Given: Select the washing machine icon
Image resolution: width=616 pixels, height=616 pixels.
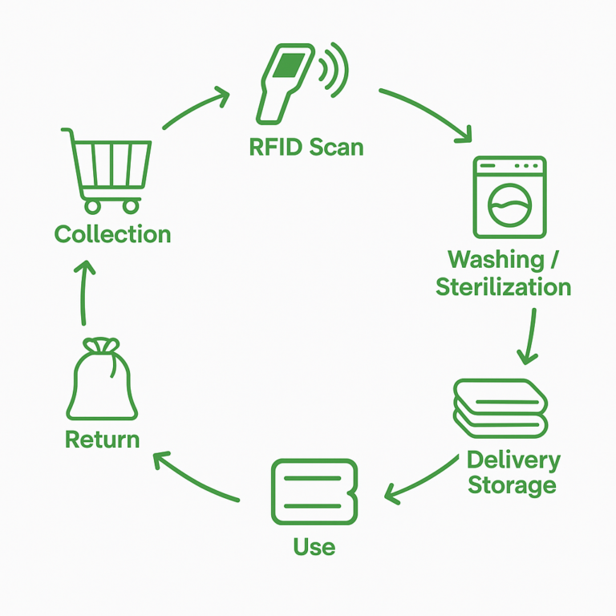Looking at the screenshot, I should (x=509, y=197).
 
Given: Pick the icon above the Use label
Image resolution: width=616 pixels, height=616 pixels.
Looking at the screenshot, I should (x=314, y=492).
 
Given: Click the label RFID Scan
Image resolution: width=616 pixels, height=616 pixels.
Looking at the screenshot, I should (x=306, y=148).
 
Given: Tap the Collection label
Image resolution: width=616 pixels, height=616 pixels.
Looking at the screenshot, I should (x=112, y=234).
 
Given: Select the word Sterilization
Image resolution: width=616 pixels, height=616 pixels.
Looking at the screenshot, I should (x=503, y=286).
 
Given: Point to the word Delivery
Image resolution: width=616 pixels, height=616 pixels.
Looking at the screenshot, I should (x=513, y=460).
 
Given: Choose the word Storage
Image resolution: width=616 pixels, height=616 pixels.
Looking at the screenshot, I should (x=512, y=485).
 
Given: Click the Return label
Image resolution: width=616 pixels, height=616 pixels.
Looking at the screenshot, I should (x=102, y=440).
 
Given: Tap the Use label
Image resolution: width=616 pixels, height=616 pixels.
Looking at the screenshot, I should (x=314, y=547).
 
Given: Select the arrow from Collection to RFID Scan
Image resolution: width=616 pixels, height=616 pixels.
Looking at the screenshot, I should (x=195, y=109).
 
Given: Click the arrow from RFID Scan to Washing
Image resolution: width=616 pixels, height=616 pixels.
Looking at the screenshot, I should (x=426, y=111).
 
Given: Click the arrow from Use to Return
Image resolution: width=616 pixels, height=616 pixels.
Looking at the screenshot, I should (x=196, y=478).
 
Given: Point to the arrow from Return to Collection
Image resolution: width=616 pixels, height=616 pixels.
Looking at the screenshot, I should (x=83, y=292).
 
